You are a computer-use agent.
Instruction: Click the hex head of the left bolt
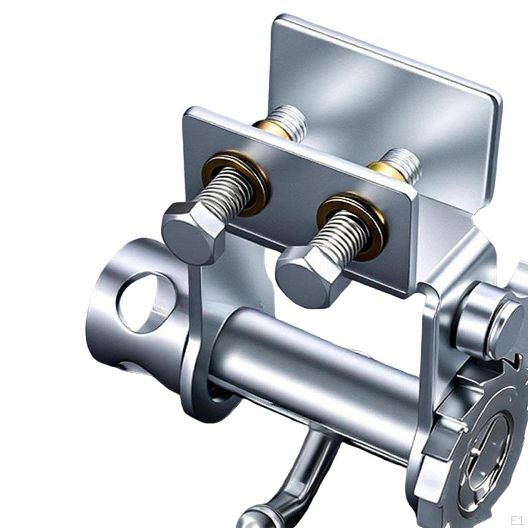[194, 232]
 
